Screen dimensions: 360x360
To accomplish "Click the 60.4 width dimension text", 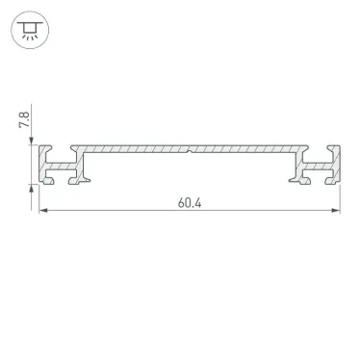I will coord(191,203).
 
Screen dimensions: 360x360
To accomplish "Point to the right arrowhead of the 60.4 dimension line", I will coord(339,213).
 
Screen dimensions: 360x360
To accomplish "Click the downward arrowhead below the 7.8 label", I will coord(34,143).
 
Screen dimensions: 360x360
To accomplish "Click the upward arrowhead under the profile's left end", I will coord(34,190).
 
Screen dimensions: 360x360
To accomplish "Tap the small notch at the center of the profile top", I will coord(191,150).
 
